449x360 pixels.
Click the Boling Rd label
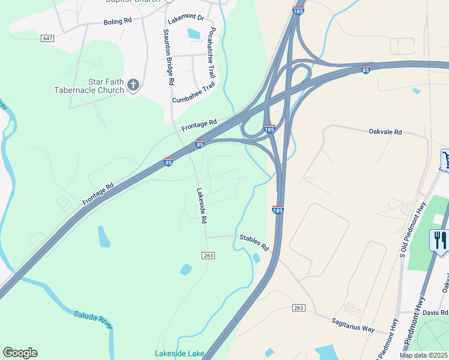click(117, 21)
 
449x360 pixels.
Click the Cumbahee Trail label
click(193, 94)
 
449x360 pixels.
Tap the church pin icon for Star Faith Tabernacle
click(133, 86)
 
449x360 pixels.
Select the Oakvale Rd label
click(385, 131)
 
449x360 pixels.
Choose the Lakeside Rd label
click(202, 205)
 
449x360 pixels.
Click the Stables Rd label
click(253, 242)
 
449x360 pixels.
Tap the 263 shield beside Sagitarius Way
click(299, 308)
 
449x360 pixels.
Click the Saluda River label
click(92, 319)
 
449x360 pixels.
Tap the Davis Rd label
click(435, 313)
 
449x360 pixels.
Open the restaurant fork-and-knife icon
click(440, 241)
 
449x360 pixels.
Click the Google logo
click(20, 353)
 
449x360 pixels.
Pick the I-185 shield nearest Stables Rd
click(277, 209)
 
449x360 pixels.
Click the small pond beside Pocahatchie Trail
click(194, 34)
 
